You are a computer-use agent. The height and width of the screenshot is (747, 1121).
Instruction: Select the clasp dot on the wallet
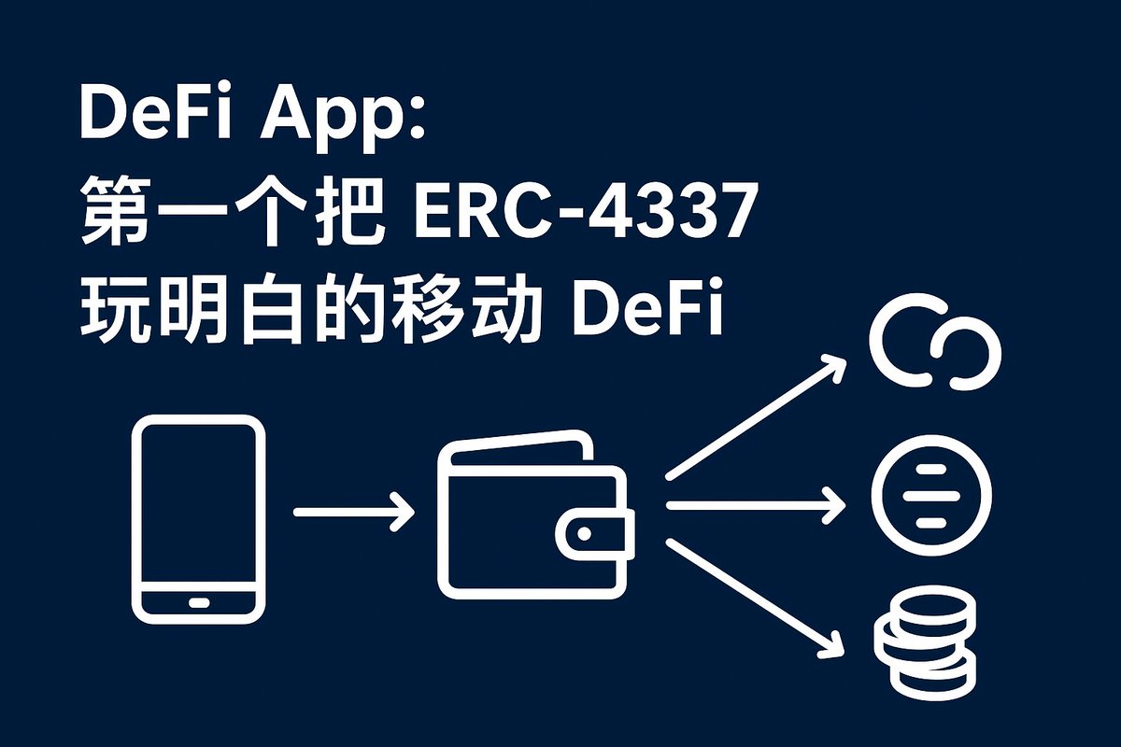pos(586,533)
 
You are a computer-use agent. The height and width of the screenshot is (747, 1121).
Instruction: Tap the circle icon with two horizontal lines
pos(931,495)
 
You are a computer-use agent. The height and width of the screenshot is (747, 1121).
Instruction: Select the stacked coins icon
pos(924,645)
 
